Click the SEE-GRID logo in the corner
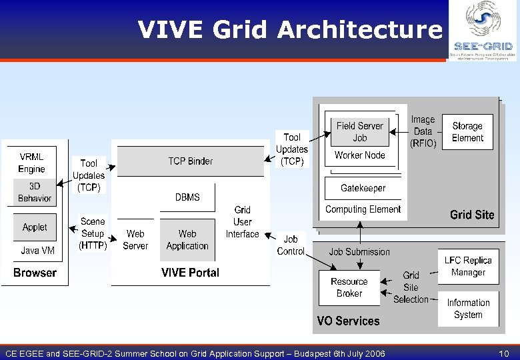483,31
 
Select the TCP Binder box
190,161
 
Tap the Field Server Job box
359,132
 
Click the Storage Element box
467,132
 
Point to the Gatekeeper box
363,188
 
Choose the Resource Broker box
349,287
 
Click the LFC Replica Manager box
468,267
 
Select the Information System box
468,309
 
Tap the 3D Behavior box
35,192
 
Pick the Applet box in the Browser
35,227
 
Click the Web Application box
187,240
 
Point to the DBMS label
187,197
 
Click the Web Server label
135,240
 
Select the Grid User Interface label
243,222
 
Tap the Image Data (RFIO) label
423,131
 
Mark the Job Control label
291,245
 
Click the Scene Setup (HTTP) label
93,233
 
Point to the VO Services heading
348,321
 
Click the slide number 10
504,353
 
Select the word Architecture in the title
359,29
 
